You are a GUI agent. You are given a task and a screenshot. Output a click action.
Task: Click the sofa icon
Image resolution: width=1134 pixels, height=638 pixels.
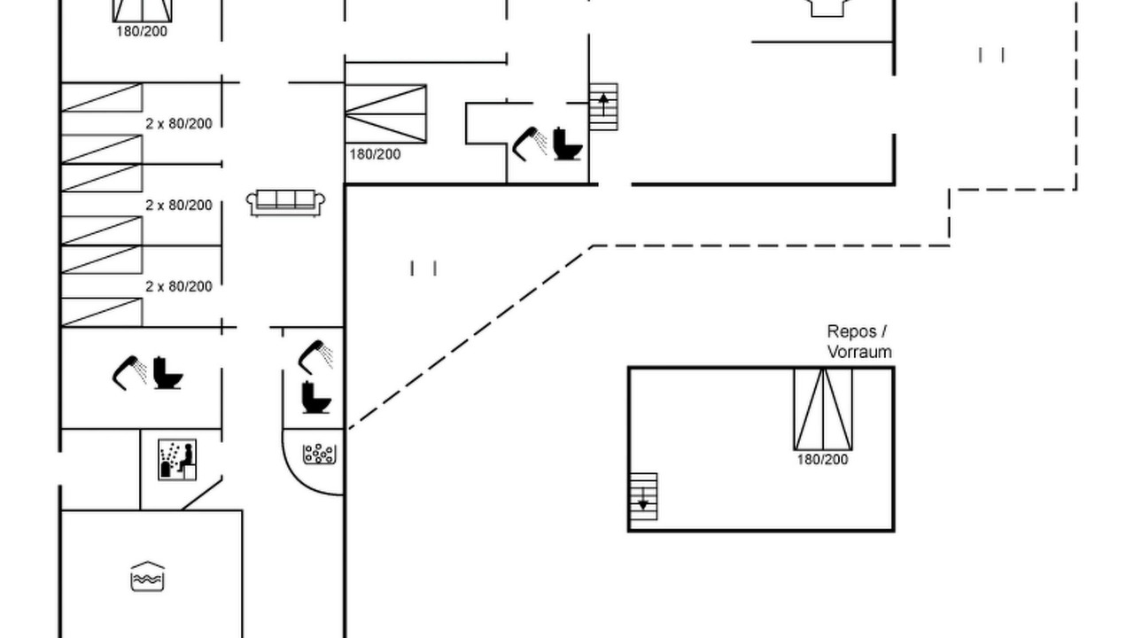point(285,203)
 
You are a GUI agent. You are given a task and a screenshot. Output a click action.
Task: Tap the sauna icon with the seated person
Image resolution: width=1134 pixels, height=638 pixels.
point(177,460)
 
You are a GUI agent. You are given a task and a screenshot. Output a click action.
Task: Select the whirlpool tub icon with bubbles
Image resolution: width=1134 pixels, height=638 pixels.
point(319,455)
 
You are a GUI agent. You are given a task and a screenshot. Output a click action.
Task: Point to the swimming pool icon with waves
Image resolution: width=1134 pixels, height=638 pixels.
point(147,576)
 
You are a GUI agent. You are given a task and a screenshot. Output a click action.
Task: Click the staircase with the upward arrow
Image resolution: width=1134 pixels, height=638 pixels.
point(603,107)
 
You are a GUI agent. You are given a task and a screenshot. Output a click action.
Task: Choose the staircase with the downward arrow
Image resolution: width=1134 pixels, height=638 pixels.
point(643,497)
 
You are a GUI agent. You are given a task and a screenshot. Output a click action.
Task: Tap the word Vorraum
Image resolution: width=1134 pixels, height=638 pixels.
point(859,352)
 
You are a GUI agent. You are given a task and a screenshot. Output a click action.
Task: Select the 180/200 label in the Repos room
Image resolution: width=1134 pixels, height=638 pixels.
point(822,460)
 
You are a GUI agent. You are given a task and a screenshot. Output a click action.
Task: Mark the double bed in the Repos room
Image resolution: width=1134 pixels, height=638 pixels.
point(823,409)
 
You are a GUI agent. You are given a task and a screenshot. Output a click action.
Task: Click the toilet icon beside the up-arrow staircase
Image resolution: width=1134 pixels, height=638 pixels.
point(568,144)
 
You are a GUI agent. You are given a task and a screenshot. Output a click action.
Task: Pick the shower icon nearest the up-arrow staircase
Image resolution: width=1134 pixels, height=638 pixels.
point(530,144)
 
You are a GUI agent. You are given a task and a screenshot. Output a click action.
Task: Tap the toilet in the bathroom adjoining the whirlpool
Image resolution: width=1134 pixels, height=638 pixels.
point(316,398)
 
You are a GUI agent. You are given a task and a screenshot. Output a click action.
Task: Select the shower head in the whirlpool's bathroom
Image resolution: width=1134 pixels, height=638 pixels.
point(315,357)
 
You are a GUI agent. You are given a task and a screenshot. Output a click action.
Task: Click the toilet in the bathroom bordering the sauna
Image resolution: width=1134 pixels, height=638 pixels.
point(168,373)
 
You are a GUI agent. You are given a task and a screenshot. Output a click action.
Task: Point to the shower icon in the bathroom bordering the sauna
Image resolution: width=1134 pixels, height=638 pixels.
point(129,373)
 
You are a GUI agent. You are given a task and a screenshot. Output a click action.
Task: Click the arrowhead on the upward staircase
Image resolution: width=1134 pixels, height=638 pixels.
point(603,98)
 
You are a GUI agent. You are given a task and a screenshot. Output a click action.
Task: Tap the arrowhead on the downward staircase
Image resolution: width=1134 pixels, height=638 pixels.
point(643,505)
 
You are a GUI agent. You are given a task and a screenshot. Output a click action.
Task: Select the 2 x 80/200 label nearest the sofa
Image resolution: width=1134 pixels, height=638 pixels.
point(179,205)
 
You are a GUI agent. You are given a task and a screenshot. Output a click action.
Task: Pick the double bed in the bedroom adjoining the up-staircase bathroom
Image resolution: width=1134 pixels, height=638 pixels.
point(385,114)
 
